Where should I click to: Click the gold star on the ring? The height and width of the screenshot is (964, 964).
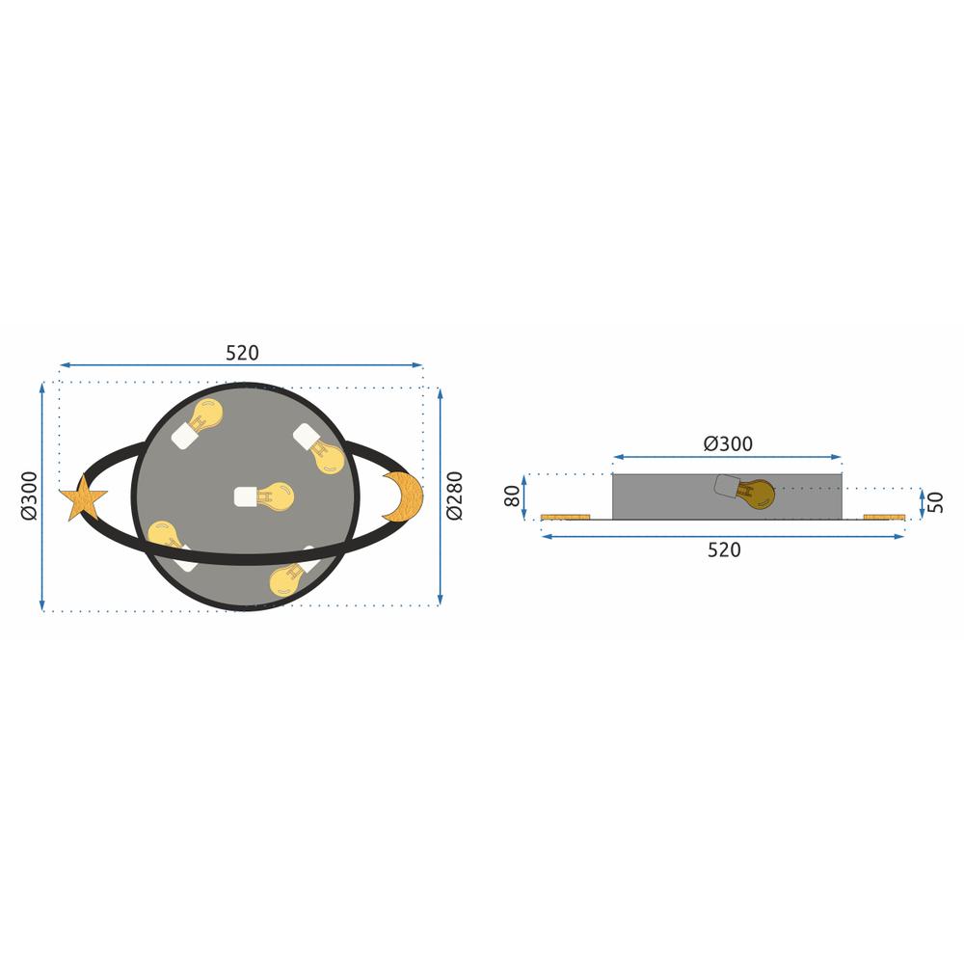pos(83,499)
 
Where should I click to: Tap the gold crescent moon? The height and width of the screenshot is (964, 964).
pos(406,496)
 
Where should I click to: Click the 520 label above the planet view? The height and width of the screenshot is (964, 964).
pos(242,354)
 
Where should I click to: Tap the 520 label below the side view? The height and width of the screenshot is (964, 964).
pos(724,550)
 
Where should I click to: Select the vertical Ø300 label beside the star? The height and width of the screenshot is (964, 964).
pos(29,495)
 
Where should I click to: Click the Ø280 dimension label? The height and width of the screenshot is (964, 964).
pos(455,495)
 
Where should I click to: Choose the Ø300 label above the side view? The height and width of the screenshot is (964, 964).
pos(728,444)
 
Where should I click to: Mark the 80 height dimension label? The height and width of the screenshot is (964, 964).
pos(512,496)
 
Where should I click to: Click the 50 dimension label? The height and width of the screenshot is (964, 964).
pos(935,502)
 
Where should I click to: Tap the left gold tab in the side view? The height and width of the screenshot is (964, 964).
pos(565,518)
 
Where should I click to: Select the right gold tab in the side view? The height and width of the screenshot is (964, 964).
pos(884,518)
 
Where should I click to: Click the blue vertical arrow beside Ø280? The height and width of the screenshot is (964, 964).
pos(441,495)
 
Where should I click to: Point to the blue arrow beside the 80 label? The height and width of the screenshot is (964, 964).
pos(524,496)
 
